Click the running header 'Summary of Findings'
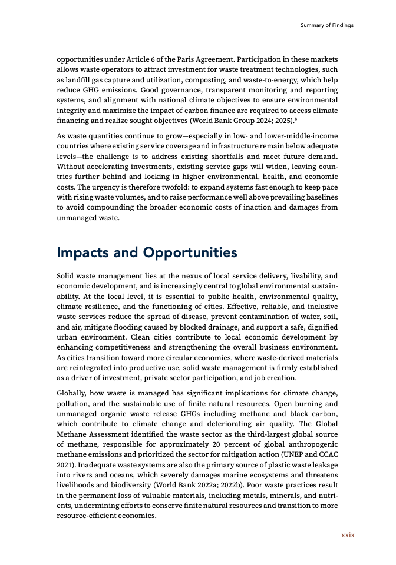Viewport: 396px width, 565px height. click(326, 25)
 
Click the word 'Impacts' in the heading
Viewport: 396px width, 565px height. click(82, 252)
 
